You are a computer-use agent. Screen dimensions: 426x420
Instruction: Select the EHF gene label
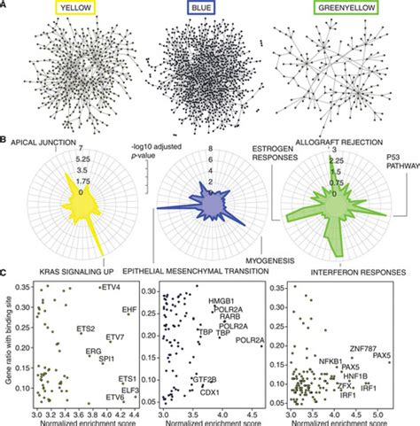(x=128, y=309)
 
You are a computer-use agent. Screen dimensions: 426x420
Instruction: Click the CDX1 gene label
(x=210, y=391)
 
